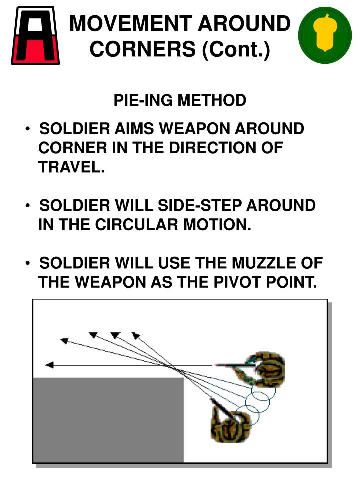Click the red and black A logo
pyautogui.click(x=35, y=36)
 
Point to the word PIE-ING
pyautogui.click(x=143, y=100)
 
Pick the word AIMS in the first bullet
pyautogui.click(x=135, y=129)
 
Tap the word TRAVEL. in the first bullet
pyautogui.click(x=71, y=167)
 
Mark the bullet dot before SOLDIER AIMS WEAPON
pyautogui.click(x=30, y=129)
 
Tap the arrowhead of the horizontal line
pyautogui.click(x=49, y=365)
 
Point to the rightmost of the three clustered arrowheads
pyautogui.click(x=136, y=335)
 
